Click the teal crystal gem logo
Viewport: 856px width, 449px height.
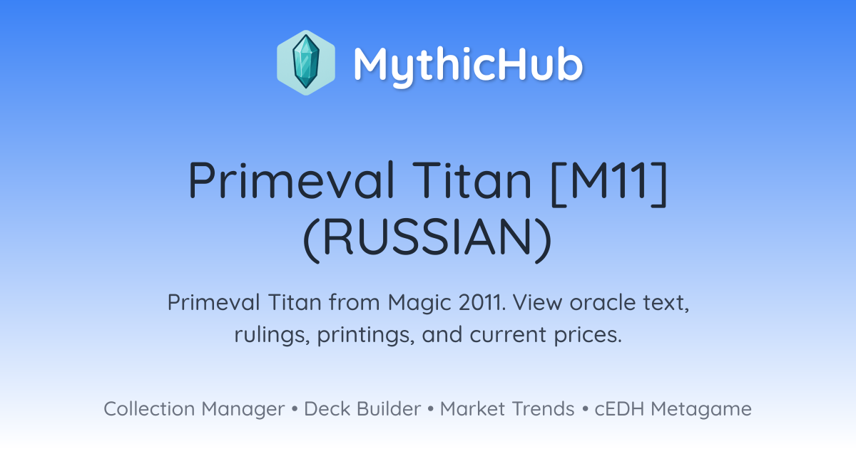click(306, 63)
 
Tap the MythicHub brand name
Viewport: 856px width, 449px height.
click(468, 64)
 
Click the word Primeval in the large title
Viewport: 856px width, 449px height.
click(291, 180)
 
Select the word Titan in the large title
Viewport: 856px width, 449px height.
click(472, 180)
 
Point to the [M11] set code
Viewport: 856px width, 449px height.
click(609, 183)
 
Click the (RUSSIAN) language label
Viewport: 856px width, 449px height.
click(427, 239)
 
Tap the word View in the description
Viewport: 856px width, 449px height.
click(538, 302)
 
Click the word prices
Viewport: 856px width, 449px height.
click(588, 336)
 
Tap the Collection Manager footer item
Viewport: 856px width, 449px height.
click(194, 409)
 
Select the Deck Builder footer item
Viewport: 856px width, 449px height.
click(362, 408)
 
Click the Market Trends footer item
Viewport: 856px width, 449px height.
click(507, 408)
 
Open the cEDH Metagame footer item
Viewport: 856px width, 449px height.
click(673, 409)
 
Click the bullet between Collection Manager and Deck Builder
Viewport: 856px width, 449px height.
click(294, 409)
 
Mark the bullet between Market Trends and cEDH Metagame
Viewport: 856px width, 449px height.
click(585, 409)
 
